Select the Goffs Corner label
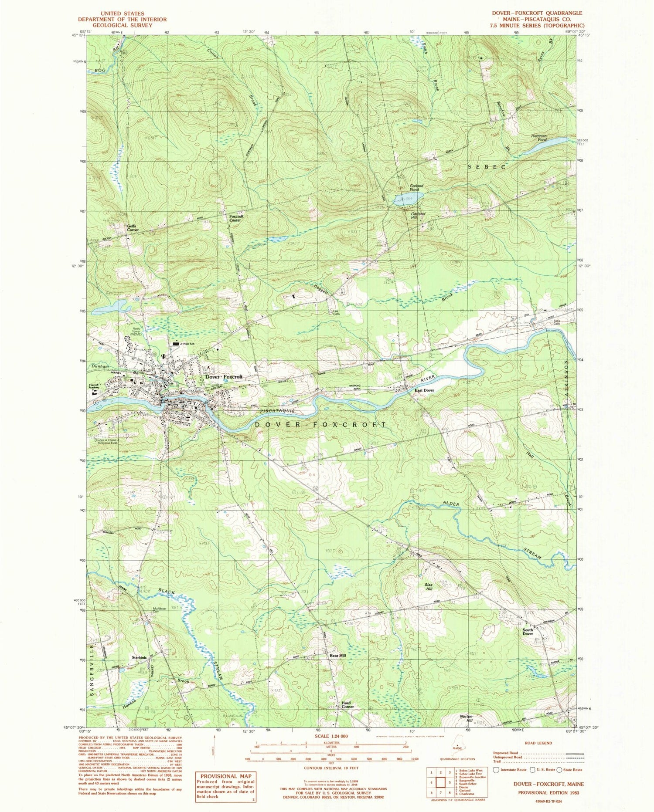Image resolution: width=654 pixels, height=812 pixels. pyautogui.click(x=133, y=228)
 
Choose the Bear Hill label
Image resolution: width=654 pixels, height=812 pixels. pyautogui.click(x=337, y=655)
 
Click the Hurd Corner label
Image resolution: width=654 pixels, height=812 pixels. pyautogui.click(x=347, y=704)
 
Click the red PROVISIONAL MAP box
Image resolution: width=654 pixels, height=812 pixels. pyautogui.click(x=226, y=787)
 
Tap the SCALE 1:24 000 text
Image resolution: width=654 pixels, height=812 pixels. pyautogui.click(x=331, y=736)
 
